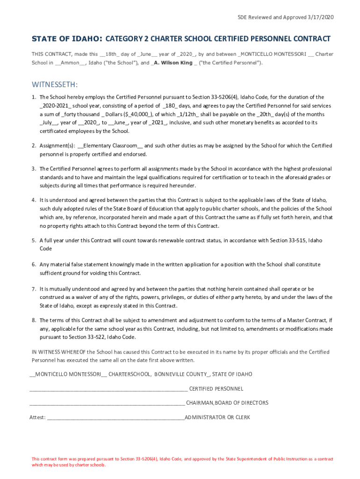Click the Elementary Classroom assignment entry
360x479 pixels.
[112, 145]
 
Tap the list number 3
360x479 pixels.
[34, 168]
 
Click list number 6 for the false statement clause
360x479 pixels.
[34, 264]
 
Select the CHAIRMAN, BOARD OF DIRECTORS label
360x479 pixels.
[227, 403]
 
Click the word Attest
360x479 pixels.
[37, 417]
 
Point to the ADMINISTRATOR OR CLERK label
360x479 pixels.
[217, 417]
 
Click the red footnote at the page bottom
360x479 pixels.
[182, 462]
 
